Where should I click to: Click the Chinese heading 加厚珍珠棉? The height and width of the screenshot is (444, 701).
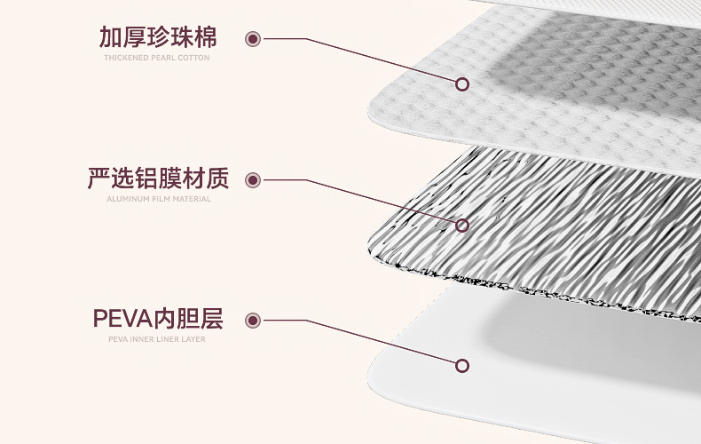157,37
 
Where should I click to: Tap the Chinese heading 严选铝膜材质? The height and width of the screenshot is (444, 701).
157,178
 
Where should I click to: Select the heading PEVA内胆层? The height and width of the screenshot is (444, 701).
157,319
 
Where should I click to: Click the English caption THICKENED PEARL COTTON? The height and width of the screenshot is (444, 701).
157,58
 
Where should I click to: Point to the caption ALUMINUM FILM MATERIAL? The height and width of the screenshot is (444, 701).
158,199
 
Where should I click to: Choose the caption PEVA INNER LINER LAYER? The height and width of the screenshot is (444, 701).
157,338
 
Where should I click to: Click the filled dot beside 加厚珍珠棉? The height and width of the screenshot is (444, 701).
253,39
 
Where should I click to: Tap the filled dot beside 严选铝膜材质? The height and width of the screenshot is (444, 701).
253,180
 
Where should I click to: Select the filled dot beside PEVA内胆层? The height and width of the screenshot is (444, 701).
253,321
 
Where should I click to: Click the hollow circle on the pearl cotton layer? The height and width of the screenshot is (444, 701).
461,84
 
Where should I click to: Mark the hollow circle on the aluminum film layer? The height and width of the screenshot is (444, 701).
461,226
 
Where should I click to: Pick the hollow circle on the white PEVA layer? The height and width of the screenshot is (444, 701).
461,365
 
